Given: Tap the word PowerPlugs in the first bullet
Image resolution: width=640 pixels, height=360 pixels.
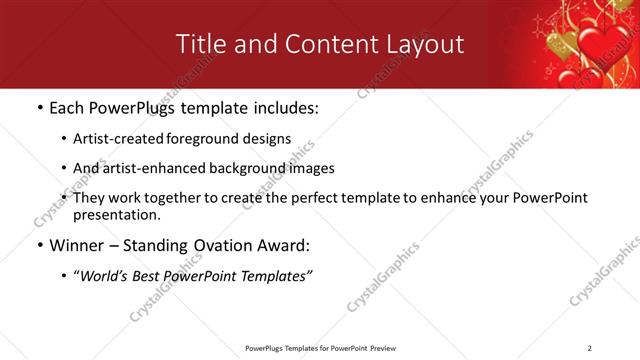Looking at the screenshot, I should pos(132,107).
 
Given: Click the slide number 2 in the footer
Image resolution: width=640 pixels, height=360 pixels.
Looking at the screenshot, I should pos(590,348).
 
